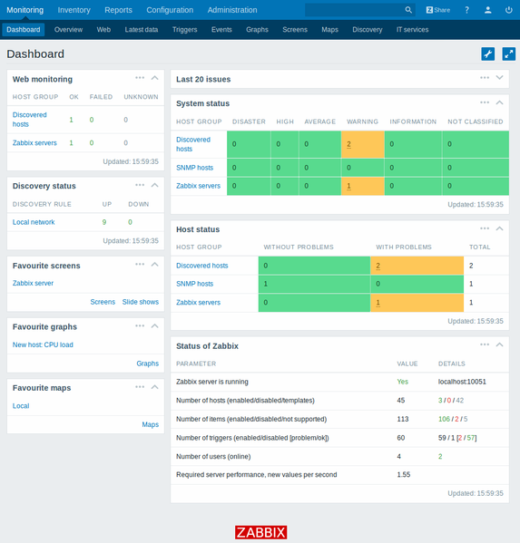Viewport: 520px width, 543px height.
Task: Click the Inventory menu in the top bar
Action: tap(74, 10)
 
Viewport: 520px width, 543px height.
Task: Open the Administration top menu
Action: tap(232, 10)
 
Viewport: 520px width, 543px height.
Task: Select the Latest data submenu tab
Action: tap(141, 30)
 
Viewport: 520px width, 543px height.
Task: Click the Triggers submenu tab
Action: tap(184, 30)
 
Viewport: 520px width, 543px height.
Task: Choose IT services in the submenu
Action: tap(412, 30)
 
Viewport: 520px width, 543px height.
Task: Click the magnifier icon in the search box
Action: tap(408, 10)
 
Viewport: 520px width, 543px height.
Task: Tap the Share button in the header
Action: tap(438, 10)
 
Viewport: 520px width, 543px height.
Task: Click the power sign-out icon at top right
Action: tap(509, 10)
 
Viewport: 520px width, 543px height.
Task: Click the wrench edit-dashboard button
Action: tap(487, 54)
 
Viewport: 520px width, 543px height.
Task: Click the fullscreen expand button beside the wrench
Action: tap(508, 54)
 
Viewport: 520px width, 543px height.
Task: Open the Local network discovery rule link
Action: tap(34, 222)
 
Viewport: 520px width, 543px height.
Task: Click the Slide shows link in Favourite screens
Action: tap(140, 302)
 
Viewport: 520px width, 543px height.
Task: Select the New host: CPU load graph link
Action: tap(43, 344)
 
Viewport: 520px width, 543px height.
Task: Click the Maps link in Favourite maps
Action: tap(150, 424)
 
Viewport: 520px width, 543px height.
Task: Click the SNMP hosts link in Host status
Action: tap(194, 284)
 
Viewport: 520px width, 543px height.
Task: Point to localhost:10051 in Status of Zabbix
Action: tap(462, 382)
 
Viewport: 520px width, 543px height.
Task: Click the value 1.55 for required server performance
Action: tap(404, 474)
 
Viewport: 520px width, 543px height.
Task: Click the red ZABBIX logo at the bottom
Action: tap(260, 533)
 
